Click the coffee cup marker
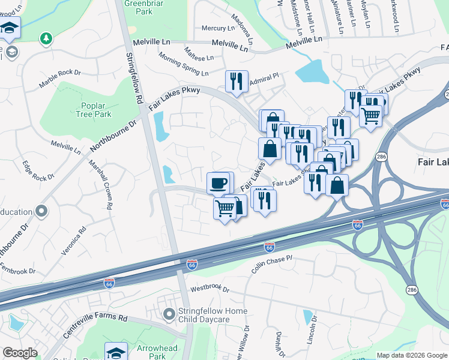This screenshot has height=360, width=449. tap(218, 182)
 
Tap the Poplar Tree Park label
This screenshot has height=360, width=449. tap(94, 110)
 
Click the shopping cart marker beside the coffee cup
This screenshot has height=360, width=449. tap(225, 209)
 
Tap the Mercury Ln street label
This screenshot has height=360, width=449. tap(218, 28)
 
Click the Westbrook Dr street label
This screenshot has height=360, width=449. tap(210, 289)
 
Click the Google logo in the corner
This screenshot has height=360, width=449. tap(20, 353)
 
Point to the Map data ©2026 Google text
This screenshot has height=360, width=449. tap(411, 355)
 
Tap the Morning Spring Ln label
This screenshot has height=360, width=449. tap(183, 64)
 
